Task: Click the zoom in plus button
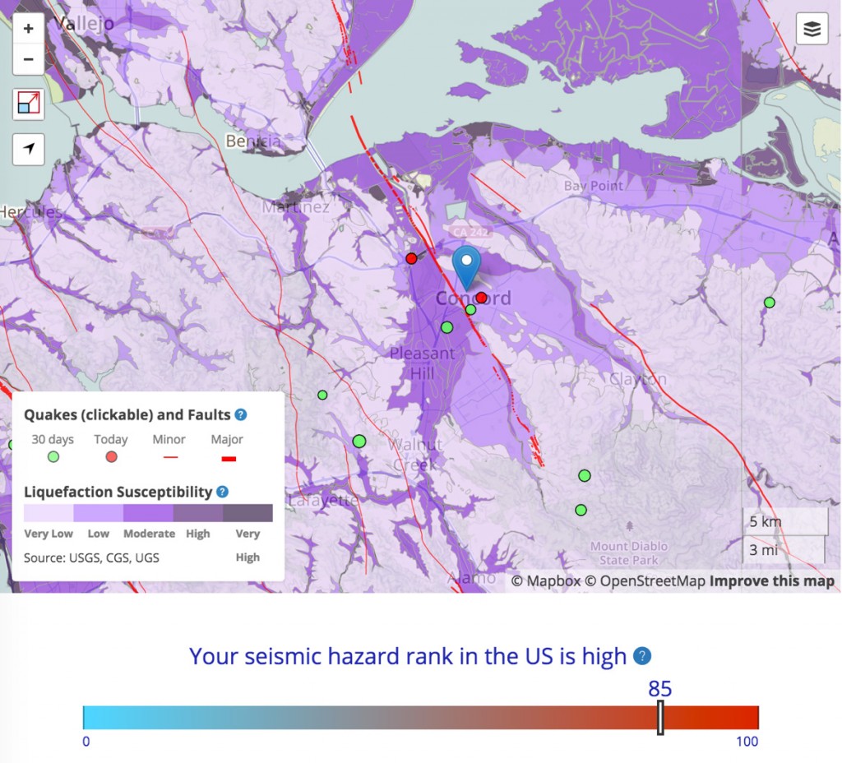click(29, 29)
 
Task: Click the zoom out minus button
click(29, 59)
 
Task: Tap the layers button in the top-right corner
click(812, 30)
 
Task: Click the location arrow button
click(29, 149)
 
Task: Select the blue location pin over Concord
click(467, 265)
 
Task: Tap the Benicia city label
click(253, 141)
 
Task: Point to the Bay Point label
click(593, 187)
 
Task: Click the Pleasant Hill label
click(422, 363)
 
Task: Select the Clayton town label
click(638, 379)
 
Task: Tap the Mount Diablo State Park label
click(629, 553)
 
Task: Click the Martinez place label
click(296, 207)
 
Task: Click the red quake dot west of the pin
click(411, 258)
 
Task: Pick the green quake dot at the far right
click(770, 303)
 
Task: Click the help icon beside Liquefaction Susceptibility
click(222, 492)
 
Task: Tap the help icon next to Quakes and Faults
click(241, 415)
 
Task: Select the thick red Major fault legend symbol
click(229, 459)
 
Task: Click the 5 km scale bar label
click(765, 521)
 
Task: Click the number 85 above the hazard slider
click(660, 688)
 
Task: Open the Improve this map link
click(772, 581)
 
